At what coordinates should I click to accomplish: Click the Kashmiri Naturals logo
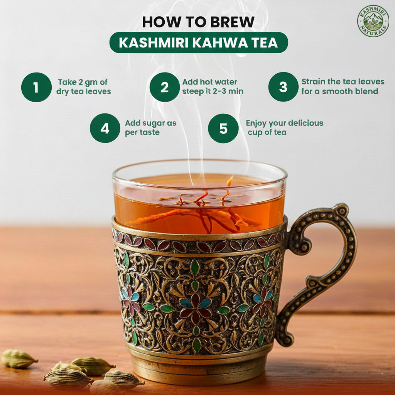(x=373, y=21)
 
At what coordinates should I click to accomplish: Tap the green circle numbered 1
(x=36, y=87)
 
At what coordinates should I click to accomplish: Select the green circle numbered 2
(x=165, y=87)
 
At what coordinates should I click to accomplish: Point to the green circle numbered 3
(x=283, y=87)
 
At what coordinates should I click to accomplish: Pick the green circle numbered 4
(x=105, y=128)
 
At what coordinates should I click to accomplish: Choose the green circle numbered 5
(x=223, y=128)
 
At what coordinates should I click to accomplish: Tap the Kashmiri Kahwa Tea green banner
(x=199, y=42)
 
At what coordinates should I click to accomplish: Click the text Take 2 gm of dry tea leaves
(x=83, y=87)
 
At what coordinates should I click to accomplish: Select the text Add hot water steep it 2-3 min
(x=213, y=87)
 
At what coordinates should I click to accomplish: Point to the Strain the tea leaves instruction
(x=343, y=87)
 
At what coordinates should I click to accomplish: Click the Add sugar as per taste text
(x=150, y=128)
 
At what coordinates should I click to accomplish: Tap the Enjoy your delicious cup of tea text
(x=284, y=128)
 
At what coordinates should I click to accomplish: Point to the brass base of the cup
(x=199, y=370)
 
